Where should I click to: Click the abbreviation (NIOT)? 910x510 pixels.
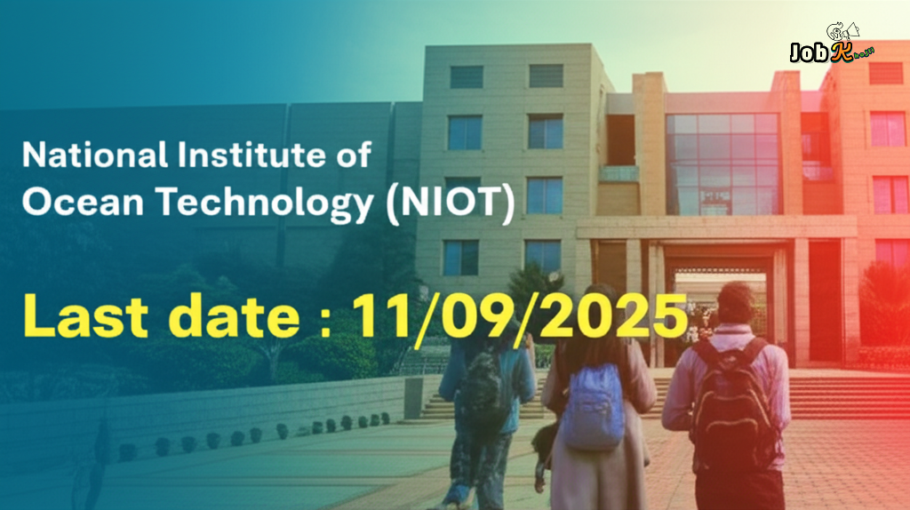pos(451,206)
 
